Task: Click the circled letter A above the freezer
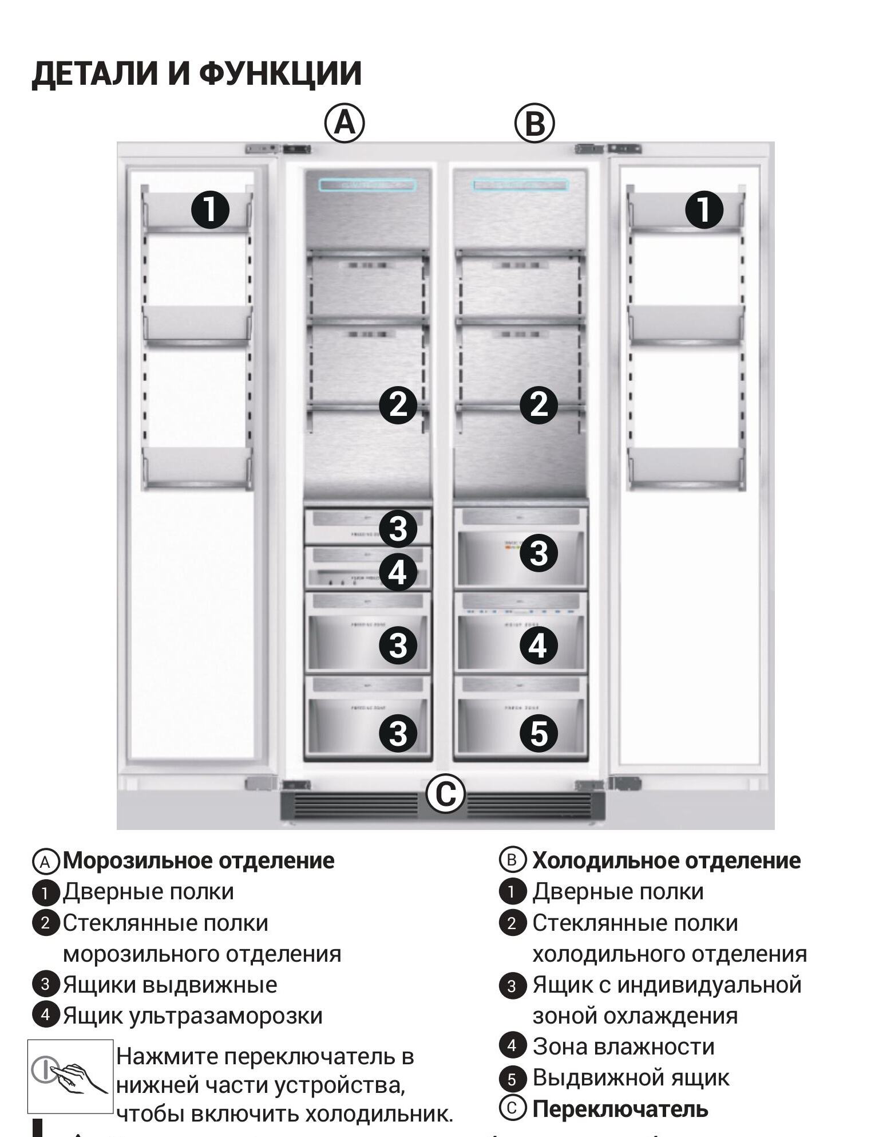click(x=345, y=123)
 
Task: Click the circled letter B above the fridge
click(x=534, y=124)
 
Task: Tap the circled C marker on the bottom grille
click(x=445, y=794)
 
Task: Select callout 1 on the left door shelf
click(x=210, y=209)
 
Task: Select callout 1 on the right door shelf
click(x=704, y=209)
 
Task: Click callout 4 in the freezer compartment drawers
click(x=398, y=572)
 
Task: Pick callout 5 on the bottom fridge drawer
click(x=538, y=733)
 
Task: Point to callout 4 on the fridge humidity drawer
click(x=538, y=646)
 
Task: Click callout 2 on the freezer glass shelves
click(x=398, y=404)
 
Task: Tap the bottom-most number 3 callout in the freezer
click(x=398, y=733)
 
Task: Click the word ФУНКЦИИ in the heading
click(x=280, y=73)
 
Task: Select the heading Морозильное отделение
click(x=198, y=860)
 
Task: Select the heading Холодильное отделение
click(x=666, y=860)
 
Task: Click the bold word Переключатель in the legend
click(x=620, y=1108)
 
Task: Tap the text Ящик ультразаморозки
click(x=192, y=1016)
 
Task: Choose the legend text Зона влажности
click(x=623, y=1046)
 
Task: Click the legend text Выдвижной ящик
click(x=631, y=1077)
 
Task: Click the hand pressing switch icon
click(x=70, y=1076)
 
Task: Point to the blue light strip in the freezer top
click(x=367, y=185)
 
